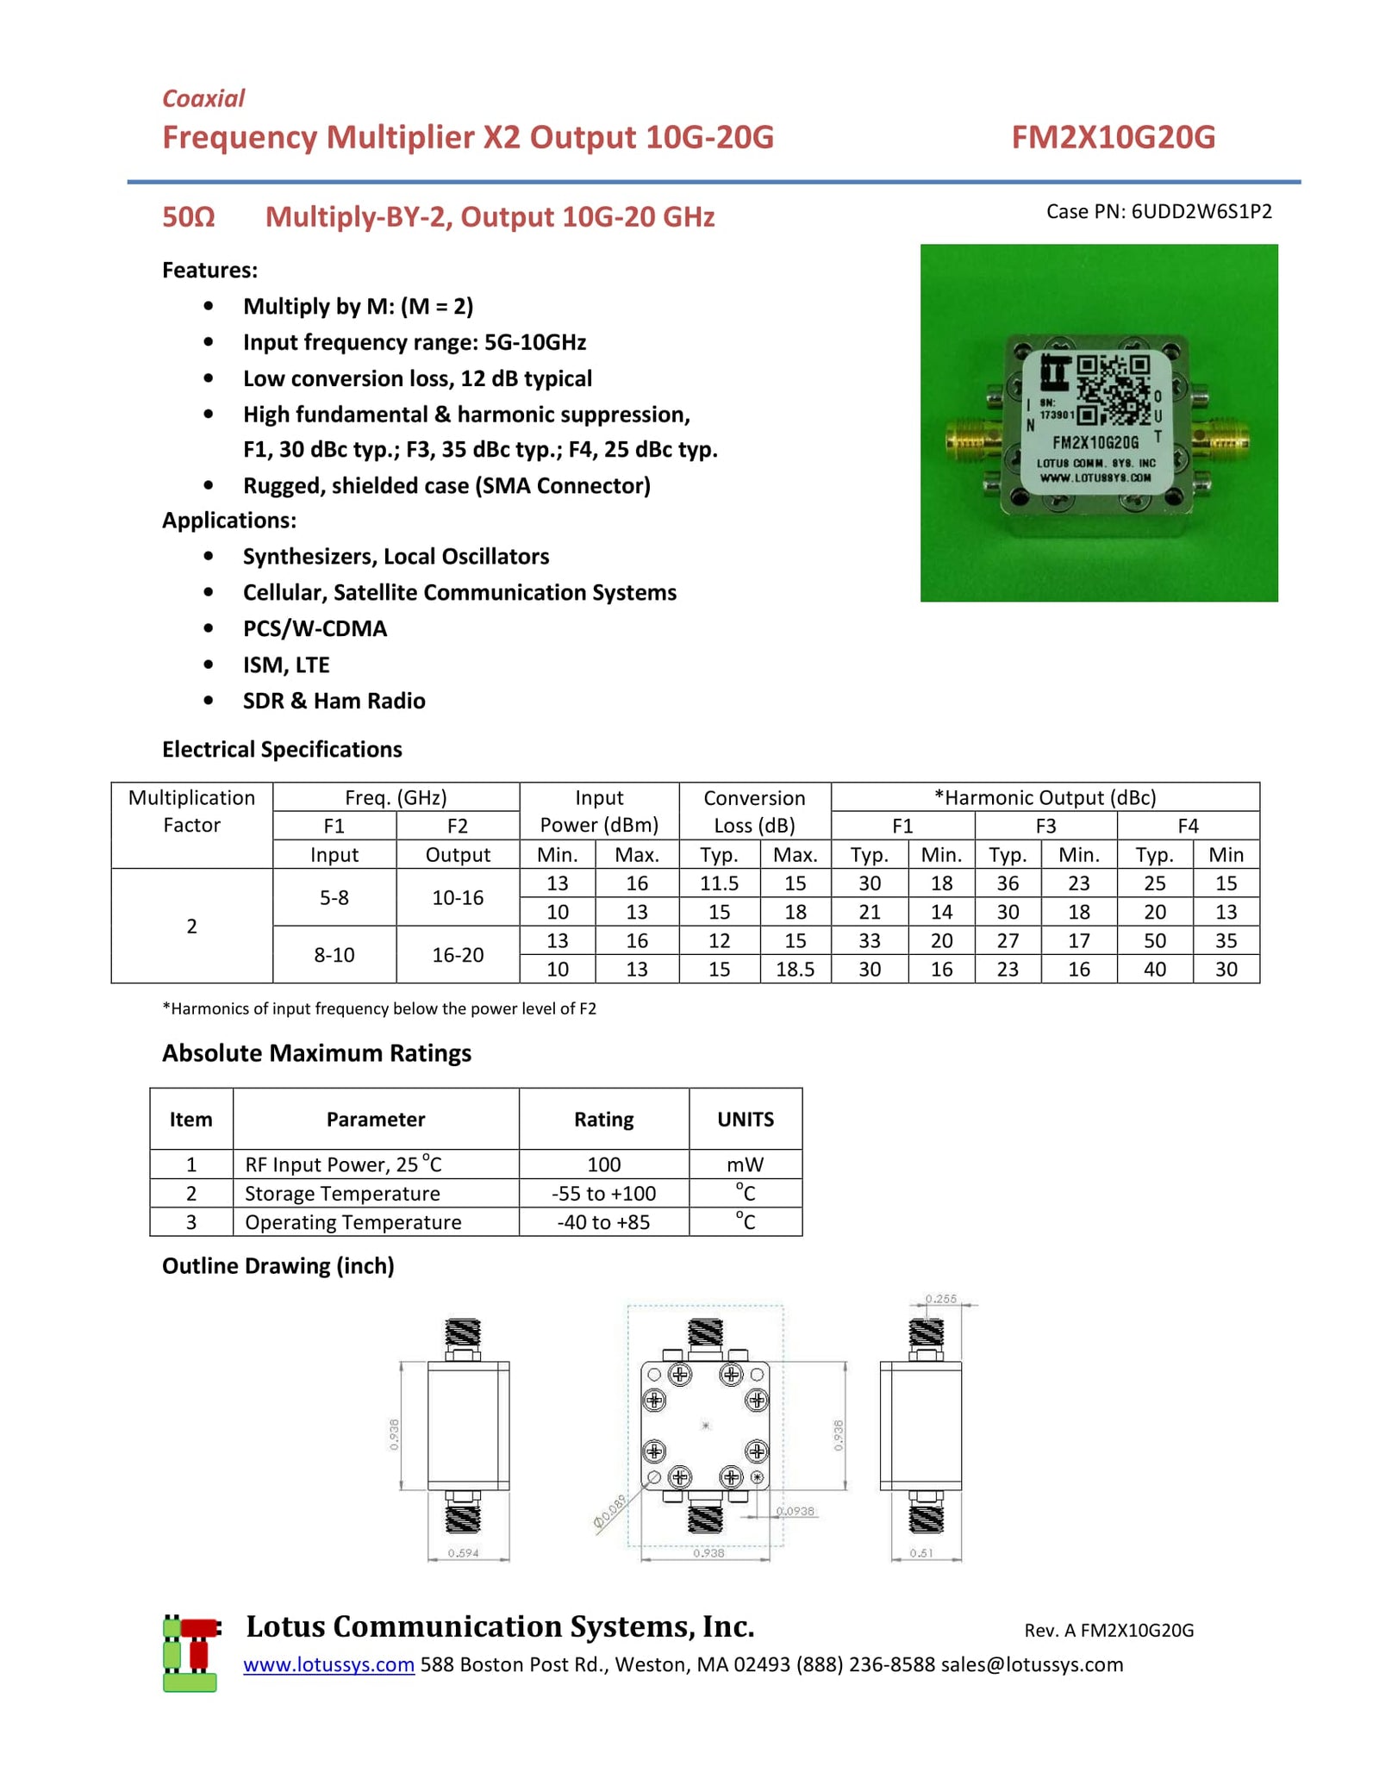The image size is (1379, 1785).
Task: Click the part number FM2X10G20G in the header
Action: [1113, 137]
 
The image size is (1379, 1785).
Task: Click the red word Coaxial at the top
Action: [203, 98]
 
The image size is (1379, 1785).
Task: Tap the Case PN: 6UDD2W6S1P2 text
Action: [1158, 211]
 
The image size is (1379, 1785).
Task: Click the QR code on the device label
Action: [1113, 390]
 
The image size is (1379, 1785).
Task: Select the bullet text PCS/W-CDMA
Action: [315, 628]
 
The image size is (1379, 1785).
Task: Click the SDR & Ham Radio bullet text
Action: [334, 701]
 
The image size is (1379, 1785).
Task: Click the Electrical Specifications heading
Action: [282, 749]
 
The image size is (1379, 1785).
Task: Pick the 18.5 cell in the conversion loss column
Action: [795, 969]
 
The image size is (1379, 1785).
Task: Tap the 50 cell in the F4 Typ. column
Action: [1154, 940]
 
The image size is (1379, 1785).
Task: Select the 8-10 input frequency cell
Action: [334, 955]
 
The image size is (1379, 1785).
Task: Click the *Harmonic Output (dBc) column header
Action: [1045, 797]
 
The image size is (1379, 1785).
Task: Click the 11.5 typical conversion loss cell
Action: [719, 883]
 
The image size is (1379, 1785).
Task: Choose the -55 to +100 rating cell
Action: [603, 1193]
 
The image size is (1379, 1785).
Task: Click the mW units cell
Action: [745, 1164]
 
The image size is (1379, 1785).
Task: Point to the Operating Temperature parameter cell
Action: [353, 1222]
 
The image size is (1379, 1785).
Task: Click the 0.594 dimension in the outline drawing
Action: [463, 1553]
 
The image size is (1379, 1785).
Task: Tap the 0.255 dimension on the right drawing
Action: [940, 1298]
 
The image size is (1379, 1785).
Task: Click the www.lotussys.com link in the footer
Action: [328, 1664]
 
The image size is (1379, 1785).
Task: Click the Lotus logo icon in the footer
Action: [190, 1654]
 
